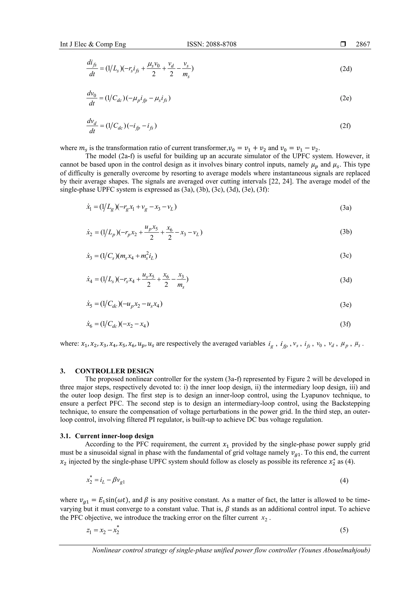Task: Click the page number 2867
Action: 363,44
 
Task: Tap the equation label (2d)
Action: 346,69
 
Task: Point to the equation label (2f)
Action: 345,126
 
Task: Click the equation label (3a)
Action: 346,208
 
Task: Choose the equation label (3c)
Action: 346,256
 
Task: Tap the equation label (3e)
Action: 346,304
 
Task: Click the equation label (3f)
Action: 345,324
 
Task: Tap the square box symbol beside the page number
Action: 343,44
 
